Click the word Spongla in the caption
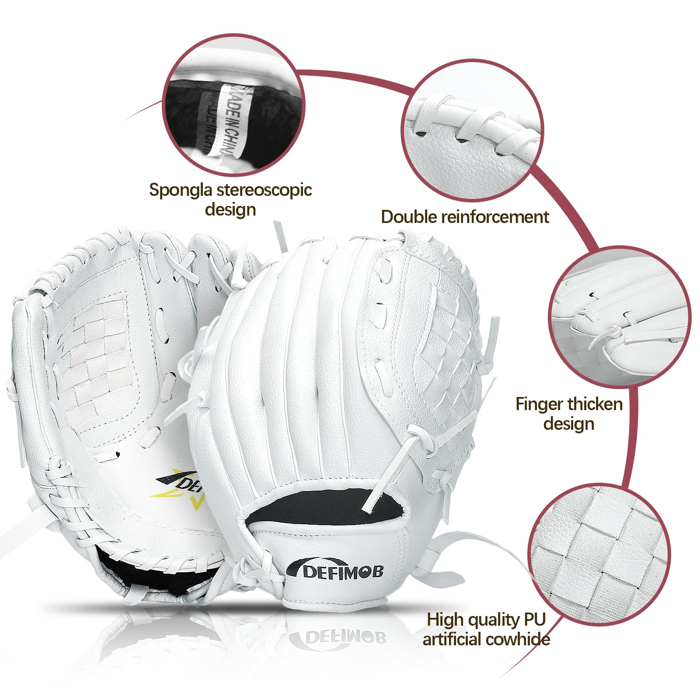click(181, 190)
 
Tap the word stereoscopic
click(264, 190)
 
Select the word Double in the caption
click(409, 217)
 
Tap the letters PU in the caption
click(535, 620)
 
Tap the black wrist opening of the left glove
click(153, 573)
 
